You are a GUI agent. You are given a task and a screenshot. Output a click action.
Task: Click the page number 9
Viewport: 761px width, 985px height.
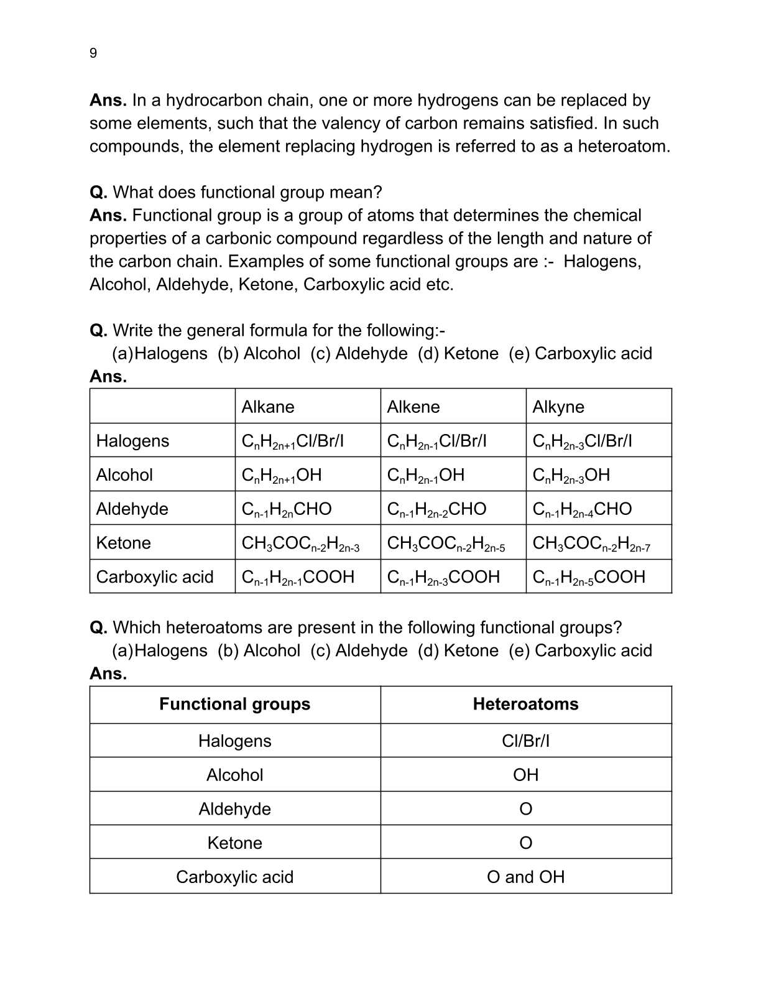coord(93,53)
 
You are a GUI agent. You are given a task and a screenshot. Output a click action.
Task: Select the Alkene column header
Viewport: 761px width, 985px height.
coord(413,407)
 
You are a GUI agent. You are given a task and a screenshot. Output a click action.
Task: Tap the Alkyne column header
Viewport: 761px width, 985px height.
coord(558,407)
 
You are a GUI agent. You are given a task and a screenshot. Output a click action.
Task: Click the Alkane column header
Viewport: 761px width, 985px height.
coord(267,407)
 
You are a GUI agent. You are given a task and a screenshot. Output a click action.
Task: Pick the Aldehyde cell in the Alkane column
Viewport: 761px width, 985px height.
coord(287,509)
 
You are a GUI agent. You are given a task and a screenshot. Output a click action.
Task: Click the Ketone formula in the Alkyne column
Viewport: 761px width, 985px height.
coord(591,543)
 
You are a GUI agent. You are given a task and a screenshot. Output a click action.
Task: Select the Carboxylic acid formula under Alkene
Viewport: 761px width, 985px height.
coord(443,577)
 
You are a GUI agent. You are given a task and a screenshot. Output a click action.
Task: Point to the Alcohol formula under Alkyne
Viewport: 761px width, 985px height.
coord(571,475)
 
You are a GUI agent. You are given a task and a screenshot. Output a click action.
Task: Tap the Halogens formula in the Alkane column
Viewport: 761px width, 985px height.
coord(292,442)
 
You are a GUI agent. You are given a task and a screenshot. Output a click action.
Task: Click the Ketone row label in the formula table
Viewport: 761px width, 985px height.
coord(123,543)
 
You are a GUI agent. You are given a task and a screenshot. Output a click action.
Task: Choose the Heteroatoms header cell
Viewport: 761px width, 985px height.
coord(525,704)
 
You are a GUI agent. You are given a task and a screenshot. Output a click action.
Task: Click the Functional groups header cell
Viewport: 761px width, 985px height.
coord(234,704)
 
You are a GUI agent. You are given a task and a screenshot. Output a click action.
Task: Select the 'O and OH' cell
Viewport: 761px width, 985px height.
coord(525,877)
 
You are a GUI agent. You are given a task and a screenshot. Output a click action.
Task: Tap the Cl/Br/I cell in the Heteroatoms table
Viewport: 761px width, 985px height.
coord(525,741)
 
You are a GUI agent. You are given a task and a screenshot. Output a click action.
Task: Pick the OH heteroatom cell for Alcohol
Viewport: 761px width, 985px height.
coord(525,775)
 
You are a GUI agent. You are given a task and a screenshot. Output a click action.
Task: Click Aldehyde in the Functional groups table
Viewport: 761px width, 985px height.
coord(234,809)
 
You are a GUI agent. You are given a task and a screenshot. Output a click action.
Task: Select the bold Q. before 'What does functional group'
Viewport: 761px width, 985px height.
coord(98,192)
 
